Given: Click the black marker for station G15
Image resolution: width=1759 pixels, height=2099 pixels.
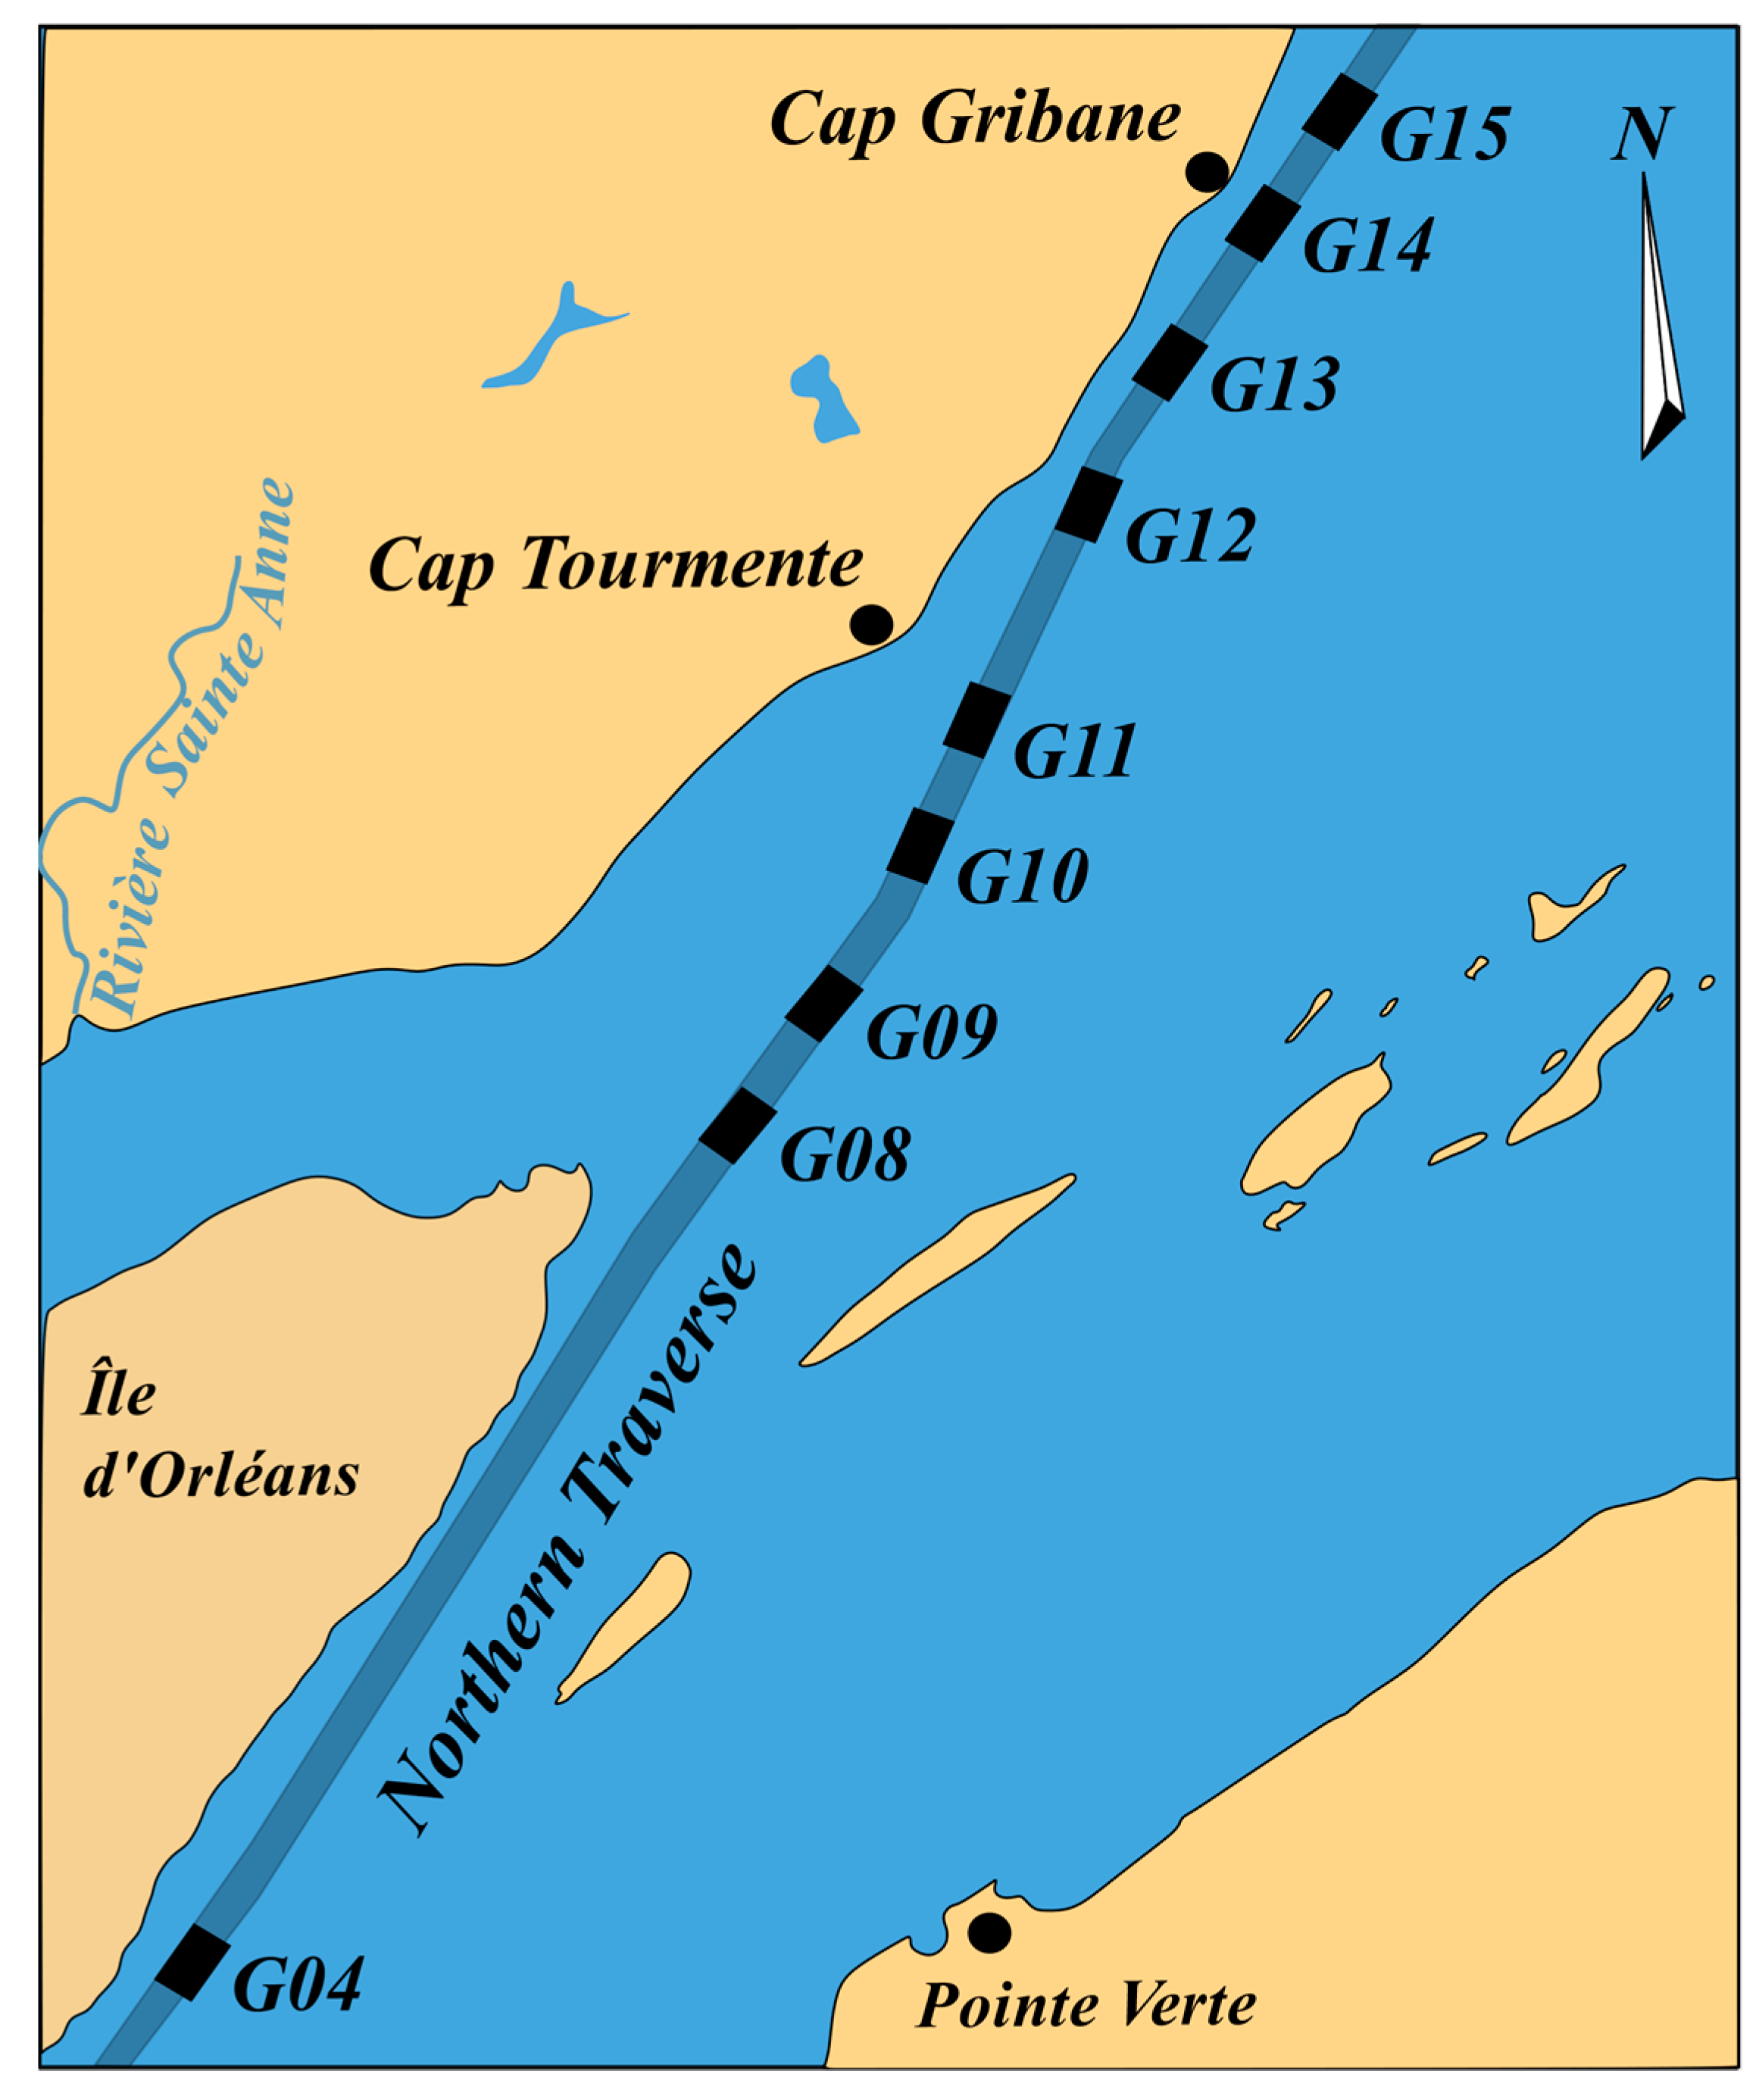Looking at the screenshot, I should point(1339,111).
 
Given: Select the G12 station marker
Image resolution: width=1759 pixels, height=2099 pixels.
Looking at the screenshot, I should point(1089,504).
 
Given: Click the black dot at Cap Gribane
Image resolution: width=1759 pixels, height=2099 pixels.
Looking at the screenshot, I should point(1206,172).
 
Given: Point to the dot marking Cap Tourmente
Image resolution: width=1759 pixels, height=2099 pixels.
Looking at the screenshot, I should point(870,625).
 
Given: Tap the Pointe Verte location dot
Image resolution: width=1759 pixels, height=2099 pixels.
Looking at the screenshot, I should point(989,1932).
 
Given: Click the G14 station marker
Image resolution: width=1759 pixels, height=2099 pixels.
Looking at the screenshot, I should point(1262,222).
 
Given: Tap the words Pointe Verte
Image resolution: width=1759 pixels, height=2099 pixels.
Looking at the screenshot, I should point(1086,2005).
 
